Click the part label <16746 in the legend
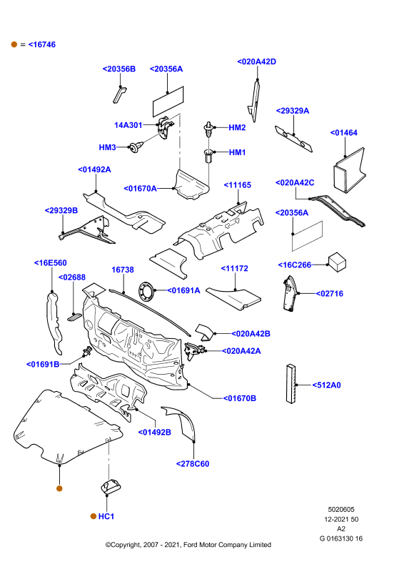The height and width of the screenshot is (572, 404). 42,44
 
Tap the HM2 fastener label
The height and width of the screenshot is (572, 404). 237,128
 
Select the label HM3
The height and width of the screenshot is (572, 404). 108,147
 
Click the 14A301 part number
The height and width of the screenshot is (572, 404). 128,125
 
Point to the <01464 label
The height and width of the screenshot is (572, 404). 343,133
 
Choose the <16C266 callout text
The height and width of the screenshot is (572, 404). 294,265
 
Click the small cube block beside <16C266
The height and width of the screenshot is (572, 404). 338,262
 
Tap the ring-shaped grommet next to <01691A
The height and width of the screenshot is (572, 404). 146,292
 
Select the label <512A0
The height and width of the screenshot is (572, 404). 326,385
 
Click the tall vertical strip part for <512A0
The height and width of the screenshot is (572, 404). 291,383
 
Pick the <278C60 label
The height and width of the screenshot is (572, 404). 193,464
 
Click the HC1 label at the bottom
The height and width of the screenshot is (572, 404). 106,516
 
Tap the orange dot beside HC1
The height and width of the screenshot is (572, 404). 94,516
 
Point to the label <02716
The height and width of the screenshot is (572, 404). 329,294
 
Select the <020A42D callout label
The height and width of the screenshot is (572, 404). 256,61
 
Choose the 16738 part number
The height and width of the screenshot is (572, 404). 122,270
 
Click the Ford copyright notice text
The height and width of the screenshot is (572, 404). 188,545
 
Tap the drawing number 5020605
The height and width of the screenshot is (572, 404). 341,510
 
